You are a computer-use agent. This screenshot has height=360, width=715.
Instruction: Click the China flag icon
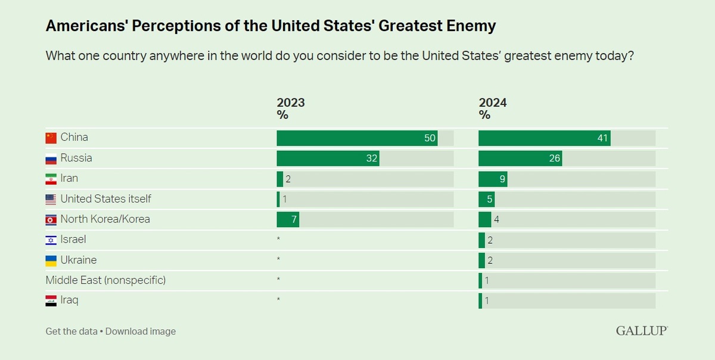[x=51, y=138]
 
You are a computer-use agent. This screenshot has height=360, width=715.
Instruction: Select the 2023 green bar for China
[x=357, y=138]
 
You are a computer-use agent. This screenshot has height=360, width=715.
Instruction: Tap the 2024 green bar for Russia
[x=520, y=159]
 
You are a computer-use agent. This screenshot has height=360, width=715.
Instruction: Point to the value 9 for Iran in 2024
[x=502, y=179]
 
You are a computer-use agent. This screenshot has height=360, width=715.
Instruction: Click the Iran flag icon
[x=51, y=179]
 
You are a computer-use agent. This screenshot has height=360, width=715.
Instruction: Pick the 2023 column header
[x=291, y=108]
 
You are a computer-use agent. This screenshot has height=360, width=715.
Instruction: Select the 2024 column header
[x=493, y=108]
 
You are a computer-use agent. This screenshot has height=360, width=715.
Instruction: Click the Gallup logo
[x=642, y=331]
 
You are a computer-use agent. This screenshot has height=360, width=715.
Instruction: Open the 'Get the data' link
[x=71, y=331]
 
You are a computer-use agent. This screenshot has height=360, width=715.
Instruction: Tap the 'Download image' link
[x=141, y=331]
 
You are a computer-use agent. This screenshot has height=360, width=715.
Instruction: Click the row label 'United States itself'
[x=105, y=198]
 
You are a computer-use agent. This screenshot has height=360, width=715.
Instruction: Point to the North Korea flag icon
[x=51, y=220]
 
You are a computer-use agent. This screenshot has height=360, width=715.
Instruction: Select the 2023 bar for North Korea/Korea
[x=288, y=219]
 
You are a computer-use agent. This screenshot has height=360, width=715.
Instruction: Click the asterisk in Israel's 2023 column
[x=278, y=238]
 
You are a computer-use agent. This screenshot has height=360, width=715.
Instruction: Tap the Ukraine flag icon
[x=51, y=260]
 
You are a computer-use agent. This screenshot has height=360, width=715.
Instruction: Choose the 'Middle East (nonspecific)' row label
[x=105, y=280]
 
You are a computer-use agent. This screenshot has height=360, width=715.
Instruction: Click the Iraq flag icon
[x=51, y=301]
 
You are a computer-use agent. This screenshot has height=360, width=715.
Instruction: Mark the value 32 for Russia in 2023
[x=372, y=159]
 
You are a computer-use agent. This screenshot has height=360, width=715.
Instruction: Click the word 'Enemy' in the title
[x=471, y=26]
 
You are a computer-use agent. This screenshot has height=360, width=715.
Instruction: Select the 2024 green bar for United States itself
[x=486, y=199]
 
